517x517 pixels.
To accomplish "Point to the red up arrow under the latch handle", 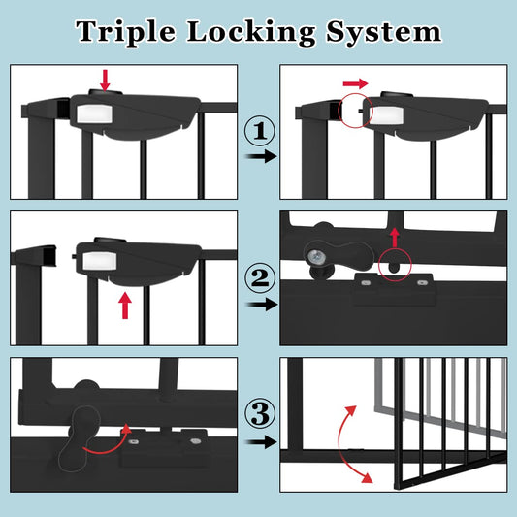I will click(x=124, y=306).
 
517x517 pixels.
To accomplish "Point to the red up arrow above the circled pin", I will click(x=395, y=237).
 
